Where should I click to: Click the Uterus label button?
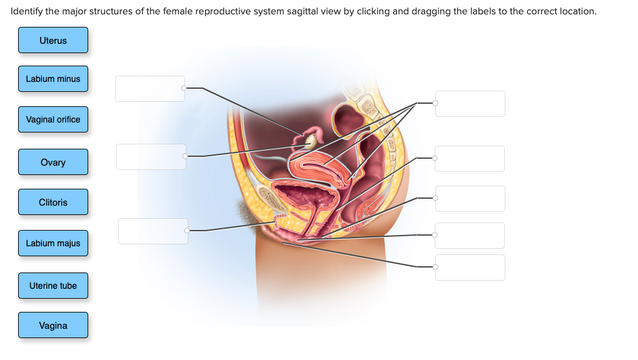pos(53,40)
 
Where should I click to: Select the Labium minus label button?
pos(53,79)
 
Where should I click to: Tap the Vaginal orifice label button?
pos(53,119)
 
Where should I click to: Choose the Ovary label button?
pos(53,162)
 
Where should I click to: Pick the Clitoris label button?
pos(53,202)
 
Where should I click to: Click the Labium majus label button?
pos(53,243)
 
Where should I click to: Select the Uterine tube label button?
pos(53,286)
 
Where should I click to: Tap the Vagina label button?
pos(53,325)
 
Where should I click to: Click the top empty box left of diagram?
pos(150,88)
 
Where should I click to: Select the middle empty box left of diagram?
pos(151,156)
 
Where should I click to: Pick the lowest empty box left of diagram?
pos(153,231)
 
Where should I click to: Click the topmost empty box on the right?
pos(470,103)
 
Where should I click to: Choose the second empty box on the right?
pos(470,159)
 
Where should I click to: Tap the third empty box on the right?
pos(470,198)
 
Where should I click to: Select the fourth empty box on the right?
pos(470,235)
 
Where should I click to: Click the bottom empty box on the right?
pos(470,267)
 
